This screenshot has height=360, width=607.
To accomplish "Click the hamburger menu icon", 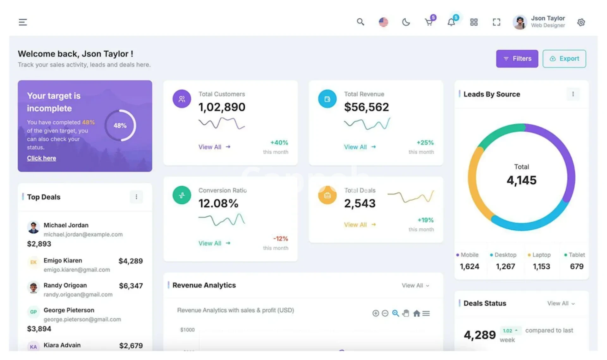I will tap(23, 22).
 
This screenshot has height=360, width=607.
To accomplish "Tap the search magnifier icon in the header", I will tap(360, 22).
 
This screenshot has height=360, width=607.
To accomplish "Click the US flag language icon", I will tap(383, 22).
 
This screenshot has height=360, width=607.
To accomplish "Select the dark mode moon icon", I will tap(406, 22).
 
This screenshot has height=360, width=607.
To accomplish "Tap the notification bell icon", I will tap(451, 22).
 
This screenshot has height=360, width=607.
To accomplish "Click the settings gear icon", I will tap(581, 22).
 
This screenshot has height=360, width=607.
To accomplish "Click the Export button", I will tap(564, 59).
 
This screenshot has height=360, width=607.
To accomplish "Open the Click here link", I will tap(41, 158).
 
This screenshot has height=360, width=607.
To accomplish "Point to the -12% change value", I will tap(280, 239).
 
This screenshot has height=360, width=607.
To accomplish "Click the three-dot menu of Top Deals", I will tap(136, 197).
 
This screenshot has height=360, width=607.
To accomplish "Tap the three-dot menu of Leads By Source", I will tap(573, 94).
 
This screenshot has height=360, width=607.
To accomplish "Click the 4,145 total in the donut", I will tap(521, 180).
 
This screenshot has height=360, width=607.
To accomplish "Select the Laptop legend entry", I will tap(541, 255).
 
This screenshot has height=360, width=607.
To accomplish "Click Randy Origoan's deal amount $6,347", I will tap(131, 286).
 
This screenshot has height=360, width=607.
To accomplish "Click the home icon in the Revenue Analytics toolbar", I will tap(417, 313).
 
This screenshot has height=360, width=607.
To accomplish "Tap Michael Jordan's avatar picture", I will tap(33, 227).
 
